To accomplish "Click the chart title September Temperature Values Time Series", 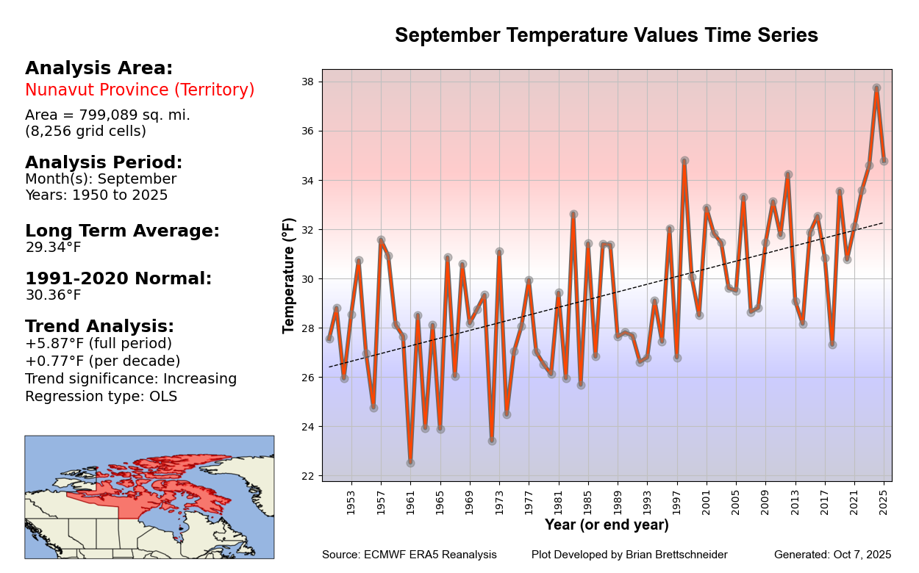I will click(606, 35).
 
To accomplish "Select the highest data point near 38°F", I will click(876, 87).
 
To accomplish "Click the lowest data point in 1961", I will click(410, 463).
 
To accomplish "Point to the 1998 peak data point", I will click(684, 160).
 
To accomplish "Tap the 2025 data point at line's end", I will click(884, 161).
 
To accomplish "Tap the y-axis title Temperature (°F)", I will click(289, 275).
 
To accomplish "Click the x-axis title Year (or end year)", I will click(607, 525).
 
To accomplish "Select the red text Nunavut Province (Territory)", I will click(140, 90).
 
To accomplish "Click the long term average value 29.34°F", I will click(53, 248).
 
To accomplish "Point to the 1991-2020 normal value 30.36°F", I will click(53, 295).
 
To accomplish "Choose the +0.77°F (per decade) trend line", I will click(102, 361).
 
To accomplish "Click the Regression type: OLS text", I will click(101, 397).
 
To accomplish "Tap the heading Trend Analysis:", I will click(99, 327).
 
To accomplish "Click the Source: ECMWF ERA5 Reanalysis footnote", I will click(409, 555).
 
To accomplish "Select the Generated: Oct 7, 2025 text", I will click(832, 555).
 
